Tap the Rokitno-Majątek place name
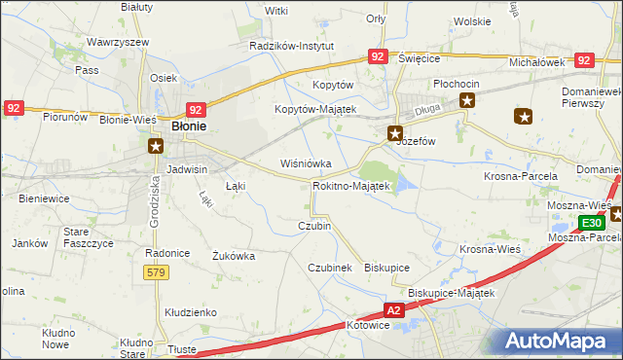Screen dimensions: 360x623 coord(351,185)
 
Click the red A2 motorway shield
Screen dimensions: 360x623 coord(393,310)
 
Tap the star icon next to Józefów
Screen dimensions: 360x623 coord(395,133)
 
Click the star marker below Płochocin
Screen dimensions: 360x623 coord(467,100)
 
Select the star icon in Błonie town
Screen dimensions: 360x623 coord(155,146)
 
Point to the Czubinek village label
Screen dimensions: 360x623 coord(329,267)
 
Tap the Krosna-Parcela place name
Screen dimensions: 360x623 coord(521,176)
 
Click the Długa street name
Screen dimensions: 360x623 coord(426,112)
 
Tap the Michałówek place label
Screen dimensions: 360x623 coord(537,61)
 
